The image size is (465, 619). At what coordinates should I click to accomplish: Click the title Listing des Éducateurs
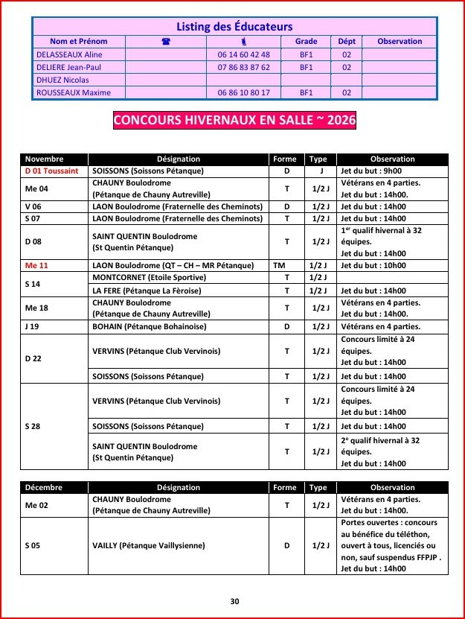(x=234, y=27)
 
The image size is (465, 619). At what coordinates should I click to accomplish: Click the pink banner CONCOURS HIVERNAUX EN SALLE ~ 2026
(x=234, y=120)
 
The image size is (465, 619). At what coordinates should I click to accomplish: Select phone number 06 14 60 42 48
(x=244, y=54)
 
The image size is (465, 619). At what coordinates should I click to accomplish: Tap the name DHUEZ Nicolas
(x=62, y=80)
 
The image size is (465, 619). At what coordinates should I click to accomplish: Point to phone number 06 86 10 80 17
(x=244, y=92)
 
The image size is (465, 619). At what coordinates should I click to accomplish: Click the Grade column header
(x=306, y=42)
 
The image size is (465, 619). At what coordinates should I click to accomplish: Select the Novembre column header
(x=45, y=159)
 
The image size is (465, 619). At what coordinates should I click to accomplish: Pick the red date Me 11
(x=36, y=265)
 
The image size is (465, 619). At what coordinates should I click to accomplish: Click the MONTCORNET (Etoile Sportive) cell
(x=142, y=277)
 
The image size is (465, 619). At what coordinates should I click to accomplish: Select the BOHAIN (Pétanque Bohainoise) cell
(x=150, y=326)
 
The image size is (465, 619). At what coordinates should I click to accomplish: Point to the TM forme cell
(x=279, y=265)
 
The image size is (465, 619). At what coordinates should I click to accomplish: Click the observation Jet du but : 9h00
(x=372, y=171)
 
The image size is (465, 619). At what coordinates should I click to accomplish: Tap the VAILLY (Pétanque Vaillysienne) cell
(x=149, y=545)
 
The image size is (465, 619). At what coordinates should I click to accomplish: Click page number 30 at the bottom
(x=234, y=601)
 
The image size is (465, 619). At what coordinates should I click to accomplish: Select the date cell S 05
(x=33, y=545)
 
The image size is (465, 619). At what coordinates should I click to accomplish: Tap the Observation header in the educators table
(x=400, y=42)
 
